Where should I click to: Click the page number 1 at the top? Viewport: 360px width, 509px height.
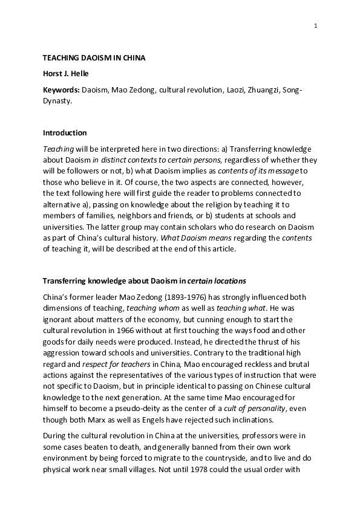316,25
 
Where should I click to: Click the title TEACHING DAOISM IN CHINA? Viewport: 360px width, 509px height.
94,58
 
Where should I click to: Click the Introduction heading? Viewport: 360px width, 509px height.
65,133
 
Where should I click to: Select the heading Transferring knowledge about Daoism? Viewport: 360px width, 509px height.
114,280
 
